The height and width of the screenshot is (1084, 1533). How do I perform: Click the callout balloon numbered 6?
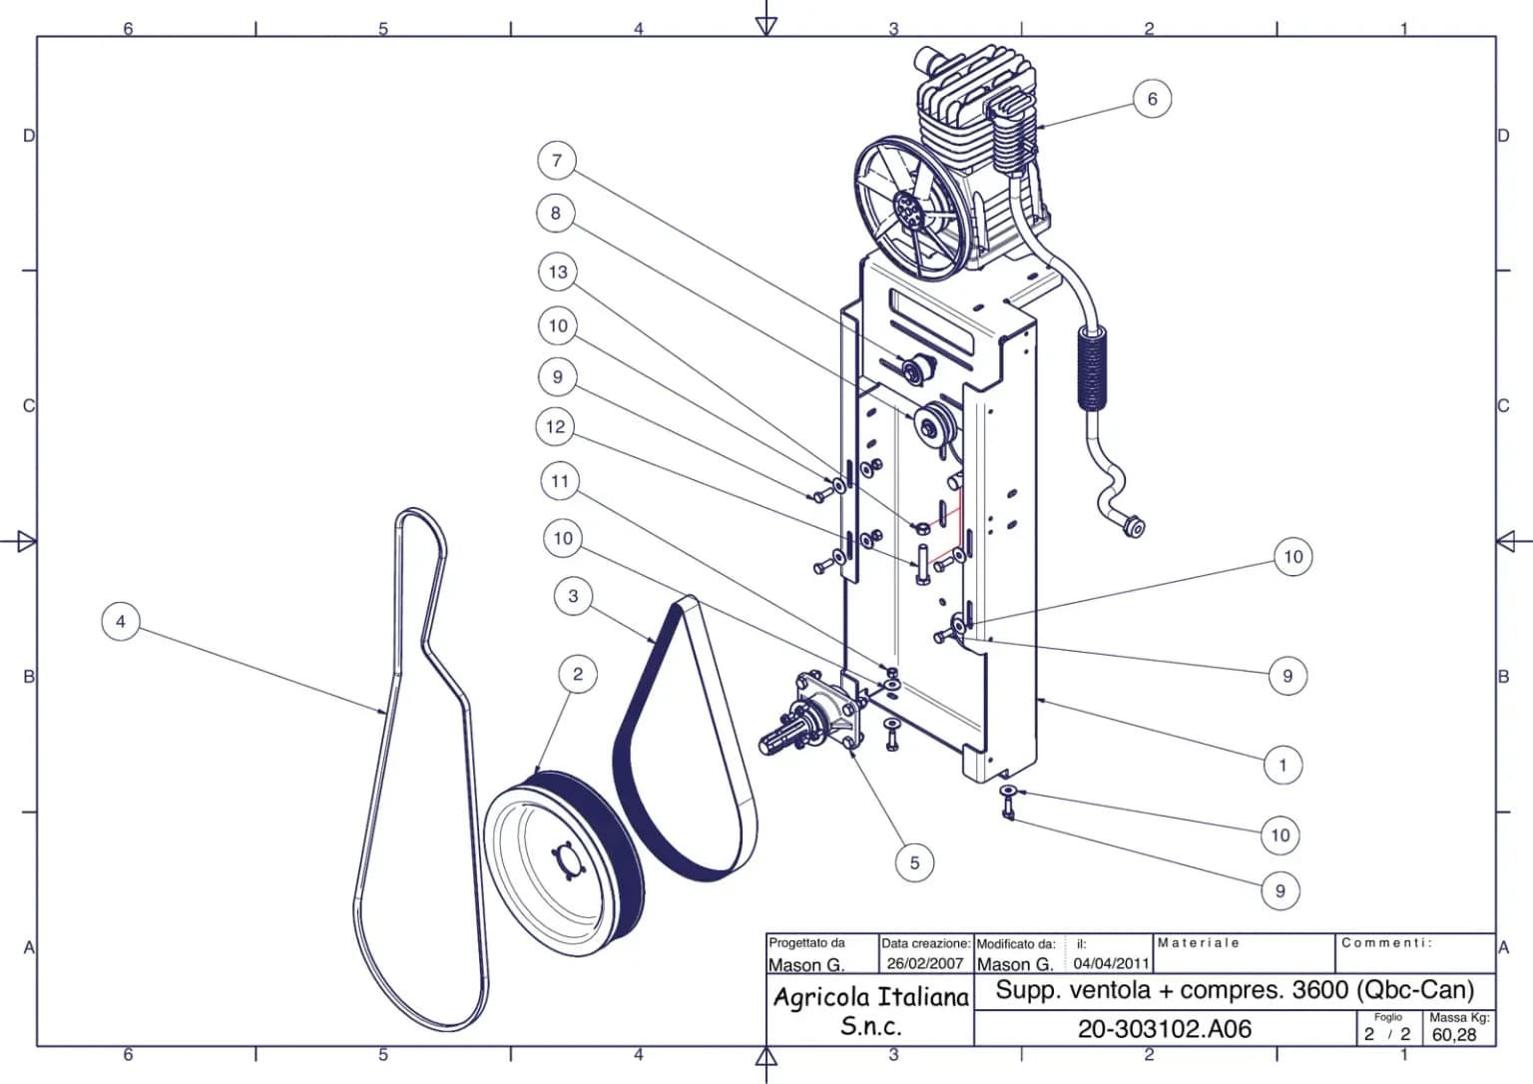point(1153,99)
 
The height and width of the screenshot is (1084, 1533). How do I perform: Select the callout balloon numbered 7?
point(556,160)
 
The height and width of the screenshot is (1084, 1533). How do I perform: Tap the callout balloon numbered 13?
point(558,271)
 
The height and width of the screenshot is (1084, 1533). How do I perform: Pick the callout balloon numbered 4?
point(121,622)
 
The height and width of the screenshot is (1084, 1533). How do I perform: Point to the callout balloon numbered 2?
point(578,674)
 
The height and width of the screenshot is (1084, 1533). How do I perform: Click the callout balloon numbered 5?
point(914,863)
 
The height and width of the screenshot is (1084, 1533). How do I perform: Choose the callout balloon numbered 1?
point(1282,765)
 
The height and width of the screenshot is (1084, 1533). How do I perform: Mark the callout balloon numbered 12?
point(555,426)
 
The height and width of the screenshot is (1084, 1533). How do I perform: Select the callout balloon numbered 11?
point(560,480)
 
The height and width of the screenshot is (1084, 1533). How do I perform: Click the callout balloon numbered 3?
point(574,595)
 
